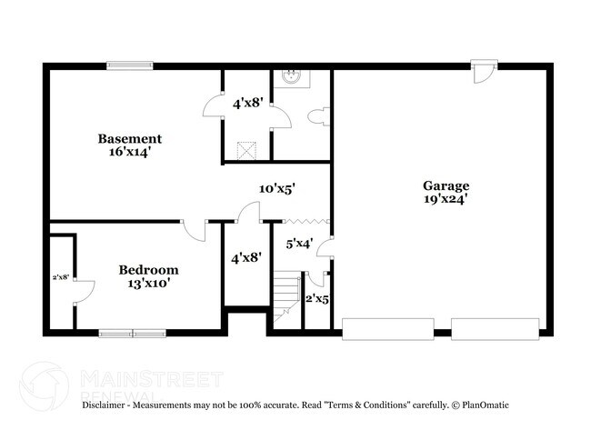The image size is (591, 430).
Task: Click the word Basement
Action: click(130, 139)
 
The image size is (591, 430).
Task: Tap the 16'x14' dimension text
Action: click(130, 153)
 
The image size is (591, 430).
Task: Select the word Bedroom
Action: click(148, 270)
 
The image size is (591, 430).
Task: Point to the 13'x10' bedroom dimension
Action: click(148, 284)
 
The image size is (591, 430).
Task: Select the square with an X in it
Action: click(245, 150)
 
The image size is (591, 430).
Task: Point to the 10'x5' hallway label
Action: click(276, 188)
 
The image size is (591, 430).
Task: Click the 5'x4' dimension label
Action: click(299, 244)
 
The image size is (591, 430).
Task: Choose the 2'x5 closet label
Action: click(316, 299)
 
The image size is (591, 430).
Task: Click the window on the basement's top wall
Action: click(130, 65)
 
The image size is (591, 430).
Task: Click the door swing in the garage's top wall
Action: click(482, 71)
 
